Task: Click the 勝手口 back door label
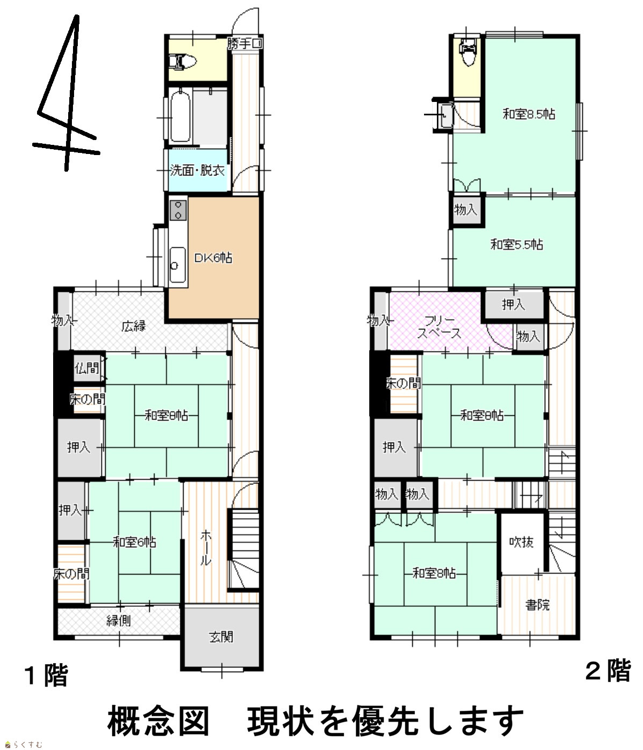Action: pyautogui.click(x=245, y=44)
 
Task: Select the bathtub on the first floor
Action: pyautogui.click(x=180, y=116)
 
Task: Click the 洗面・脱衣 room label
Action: pyautogui.click(x=198, y=170)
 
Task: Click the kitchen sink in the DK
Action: pyautogui.click(x=178, y=266)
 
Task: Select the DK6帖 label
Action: pyautogui.click(x=213, y=258)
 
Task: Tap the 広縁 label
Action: pyautogui.click(x=134, y=326)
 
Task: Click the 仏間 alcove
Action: pyautogui.click(x=87, y=368)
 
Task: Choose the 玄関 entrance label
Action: pyautogui.click(x=221, y=637)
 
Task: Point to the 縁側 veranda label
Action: pyautogui.click(x=119, y=621)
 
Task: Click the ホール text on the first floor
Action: pyautogui.click(x=206, y=548)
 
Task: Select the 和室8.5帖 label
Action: pyautogui.click(x=529, y=114)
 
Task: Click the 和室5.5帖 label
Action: pyautogui.click(x=517, y=245)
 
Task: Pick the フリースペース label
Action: pyautogui.click(x=439, y=327)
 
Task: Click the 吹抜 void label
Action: pyautogui.click(x=521, y=542)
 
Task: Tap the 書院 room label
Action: pyautogui.click(x=537, y=605)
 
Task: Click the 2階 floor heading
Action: pyautogui.click(x=608, y=671)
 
